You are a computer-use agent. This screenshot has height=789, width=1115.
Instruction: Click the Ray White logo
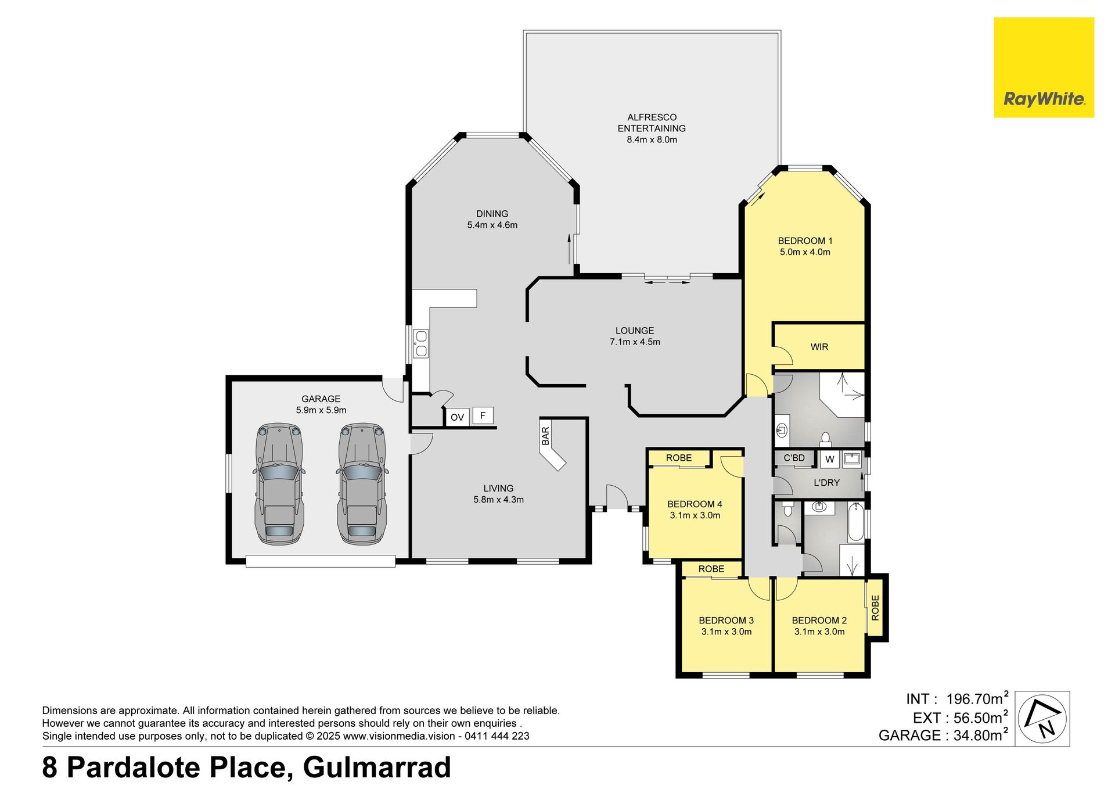(x=1044, y=67)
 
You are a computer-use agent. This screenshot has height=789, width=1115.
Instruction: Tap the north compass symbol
(x=1044, y=718)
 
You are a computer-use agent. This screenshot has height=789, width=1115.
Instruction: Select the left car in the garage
(x=279, y=484)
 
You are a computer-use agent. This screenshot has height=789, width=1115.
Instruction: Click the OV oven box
(x=457, y=417)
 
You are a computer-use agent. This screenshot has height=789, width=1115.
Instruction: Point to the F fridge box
(x=483, y=415)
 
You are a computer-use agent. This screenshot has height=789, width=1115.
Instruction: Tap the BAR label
(x=545, y=436)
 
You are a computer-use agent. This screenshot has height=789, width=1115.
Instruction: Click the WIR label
(x=819, y=347)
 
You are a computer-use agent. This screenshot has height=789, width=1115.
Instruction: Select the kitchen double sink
(x=420, y=343)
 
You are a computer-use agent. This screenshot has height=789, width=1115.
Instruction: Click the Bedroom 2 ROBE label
(x=876, y=608)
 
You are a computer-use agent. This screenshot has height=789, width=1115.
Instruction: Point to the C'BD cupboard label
(x=794, y=458)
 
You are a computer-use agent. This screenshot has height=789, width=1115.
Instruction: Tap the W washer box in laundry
(x=830, y=459)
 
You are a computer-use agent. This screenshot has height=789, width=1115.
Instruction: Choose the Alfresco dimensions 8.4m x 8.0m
(x=652, y=139)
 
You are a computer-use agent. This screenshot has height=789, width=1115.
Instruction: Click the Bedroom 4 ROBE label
(x=679, y=458)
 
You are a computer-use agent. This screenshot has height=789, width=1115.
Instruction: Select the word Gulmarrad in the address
(x=377, y=767)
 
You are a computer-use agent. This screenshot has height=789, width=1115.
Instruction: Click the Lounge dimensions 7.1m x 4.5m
(x=635, y=342)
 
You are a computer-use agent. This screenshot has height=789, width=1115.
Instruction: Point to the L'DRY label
(x=826, y=483)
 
